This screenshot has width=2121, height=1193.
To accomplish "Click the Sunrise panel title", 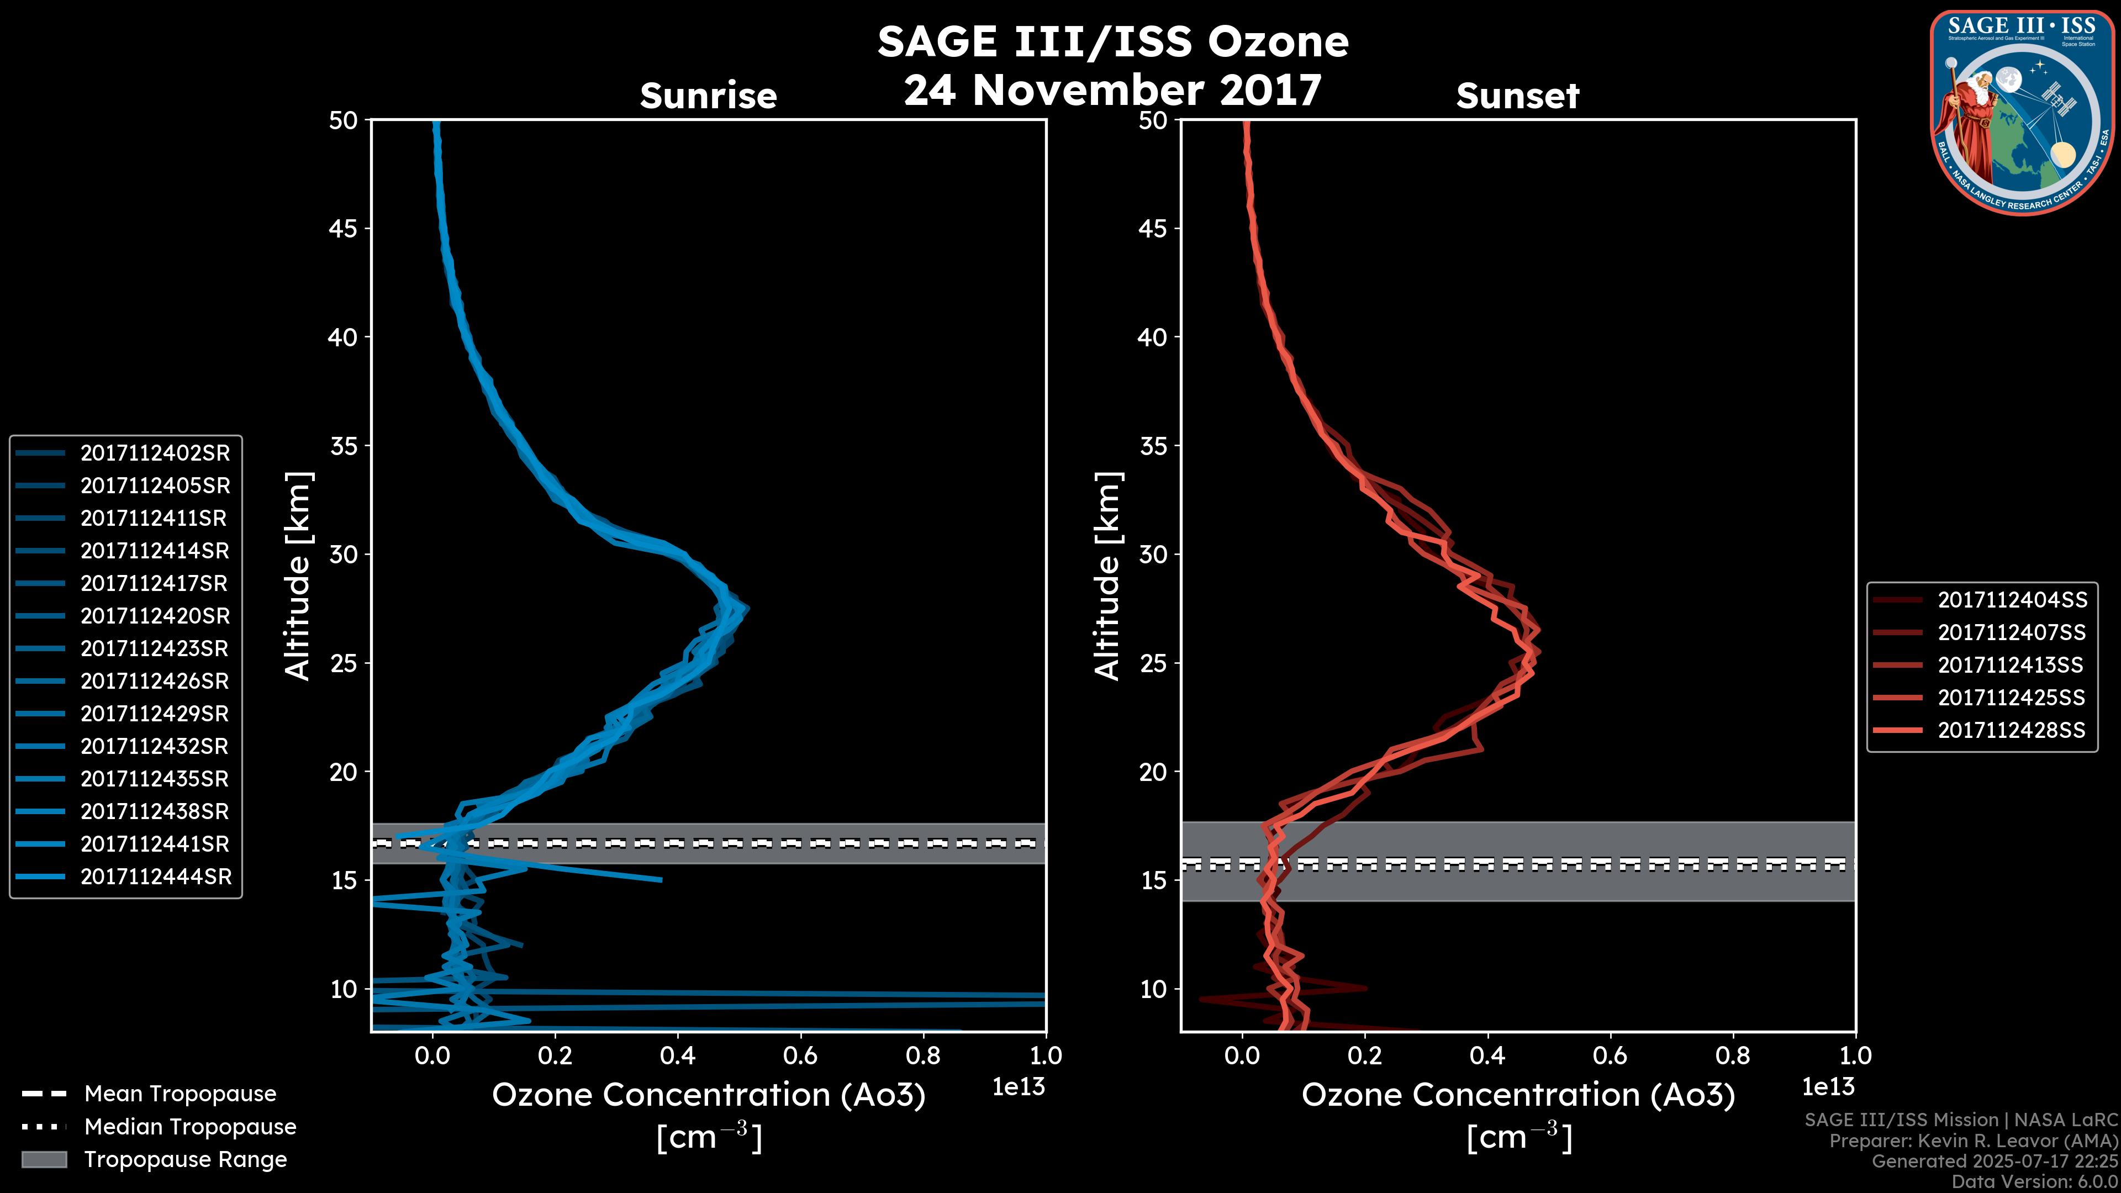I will (708, 96).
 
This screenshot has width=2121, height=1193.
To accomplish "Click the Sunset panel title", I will (1517, 96).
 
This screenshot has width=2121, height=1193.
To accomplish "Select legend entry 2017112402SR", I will (155, 453).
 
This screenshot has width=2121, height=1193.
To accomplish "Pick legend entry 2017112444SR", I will (156, 877).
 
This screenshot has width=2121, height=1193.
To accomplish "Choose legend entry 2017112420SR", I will (155, 616).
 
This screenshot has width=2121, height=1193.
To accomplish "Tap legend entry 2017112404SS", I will (2012, 600).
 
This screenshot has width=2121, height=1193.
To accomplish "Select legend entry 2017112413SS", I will (2010, 665).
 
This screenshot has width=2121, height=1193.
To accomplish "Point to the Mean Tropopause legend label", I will (180, 1094).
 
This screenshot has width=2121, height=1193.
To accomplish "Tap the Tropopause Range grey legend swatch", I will (44, 1159).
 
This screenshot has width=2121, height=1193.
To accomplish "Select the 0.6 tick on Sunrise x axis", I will (800, 1055).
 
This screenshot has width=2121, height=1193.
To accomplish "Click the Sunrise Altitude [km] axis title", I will (298, 576).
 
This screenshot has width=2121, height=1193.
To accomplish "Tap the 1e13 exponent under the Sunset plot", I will (1828, 1087).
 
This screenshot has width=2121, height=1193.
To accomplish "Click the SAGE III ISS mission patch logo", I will (2022, 113).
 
